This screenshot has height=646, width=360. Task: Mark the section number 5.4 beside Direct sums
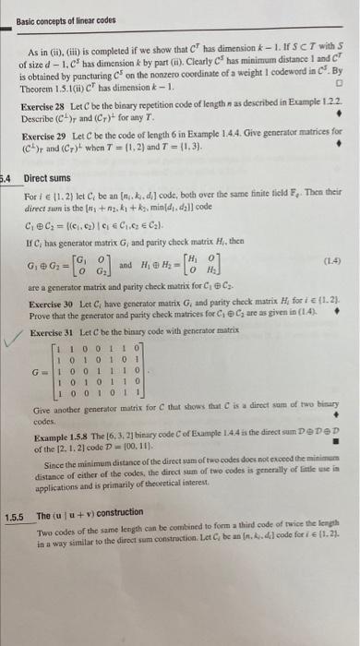tap(7, 204)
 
